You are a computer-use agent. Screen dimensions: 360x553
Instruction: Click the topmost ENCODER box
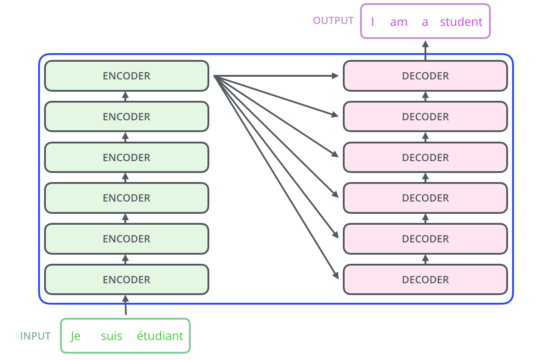(x=126, y=76)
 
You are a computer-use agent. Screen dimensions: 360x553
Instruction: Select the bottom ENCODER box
(x=126, y=280)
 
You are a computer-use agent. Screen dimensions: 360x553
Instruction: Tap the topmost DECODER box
(x=425, y=76)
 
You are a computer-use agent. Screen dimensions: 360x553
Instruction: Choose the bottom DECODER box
(x=425, y=280)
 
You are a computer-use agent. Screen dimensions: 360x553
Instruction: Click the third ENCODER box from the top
(x=126, y=158)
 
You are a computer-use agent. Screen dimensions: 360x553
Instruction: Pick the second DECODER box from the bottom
(x=425, y=239)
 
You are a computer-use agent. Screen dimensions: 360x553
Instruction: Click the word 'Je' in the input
(x=75, y=336)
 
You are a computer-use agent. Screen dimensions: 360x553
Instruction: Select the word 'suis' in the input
(x=111, y=336)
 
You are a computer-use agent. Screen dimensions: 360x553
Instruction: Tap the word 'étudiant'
(x=160, y=336)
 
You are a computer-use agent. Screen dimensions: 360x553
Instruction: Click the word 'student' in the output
(x=461, y=22)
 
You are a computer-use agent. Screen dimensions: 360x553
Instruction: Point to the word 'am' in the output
(x=398, y=22)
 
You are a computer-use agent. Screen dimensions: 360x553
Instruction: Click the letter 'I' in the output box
(x=372, y=22)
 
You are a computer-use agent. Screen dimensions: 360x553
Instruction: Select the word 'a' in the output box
(x=425, y=22)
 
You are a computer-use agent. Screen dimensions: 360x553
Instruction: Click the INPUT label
(x=35, y=336)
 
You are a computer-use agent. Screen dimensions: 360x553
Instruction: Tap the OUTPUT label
(x=333, y=20)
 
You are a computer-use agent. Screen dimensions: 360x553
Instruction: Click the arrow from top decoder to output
(x=425, y=50)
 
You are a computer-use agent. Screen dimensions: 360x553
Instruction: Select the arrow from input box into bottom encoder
(x=126, y=305)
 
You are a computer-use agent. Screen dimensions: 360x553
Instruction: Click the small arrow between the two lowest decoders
(x=425, y=259)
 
